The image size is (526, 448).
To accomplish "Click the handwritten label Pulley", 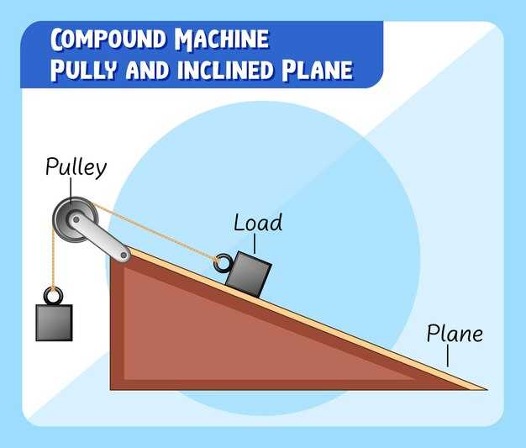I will coord(76,167).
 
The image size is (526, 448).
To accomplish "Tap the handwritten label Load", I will coord(258,223).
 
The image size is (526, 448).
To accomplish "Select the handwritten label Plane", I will coord(455,334).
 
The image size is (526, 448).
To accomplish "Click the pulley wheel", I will coord(70,221).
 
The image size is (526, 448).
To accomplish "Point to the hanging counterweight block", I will coord(54,322).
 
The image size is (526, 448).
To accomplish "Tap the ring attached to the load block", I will coord(223,263).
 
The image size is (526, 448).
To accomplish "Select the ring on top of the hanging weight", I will coord(53,296).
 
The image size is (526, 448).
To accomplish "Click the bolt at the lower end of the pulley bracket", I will coord(124,253).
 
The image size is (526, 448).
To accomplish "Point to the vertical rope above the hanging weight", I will coord(54,261).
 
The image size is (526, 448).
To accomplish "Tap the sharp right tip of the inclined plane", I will coord(483,388).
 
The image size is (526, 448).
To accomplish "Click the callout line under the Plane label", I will coord(448,356).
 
